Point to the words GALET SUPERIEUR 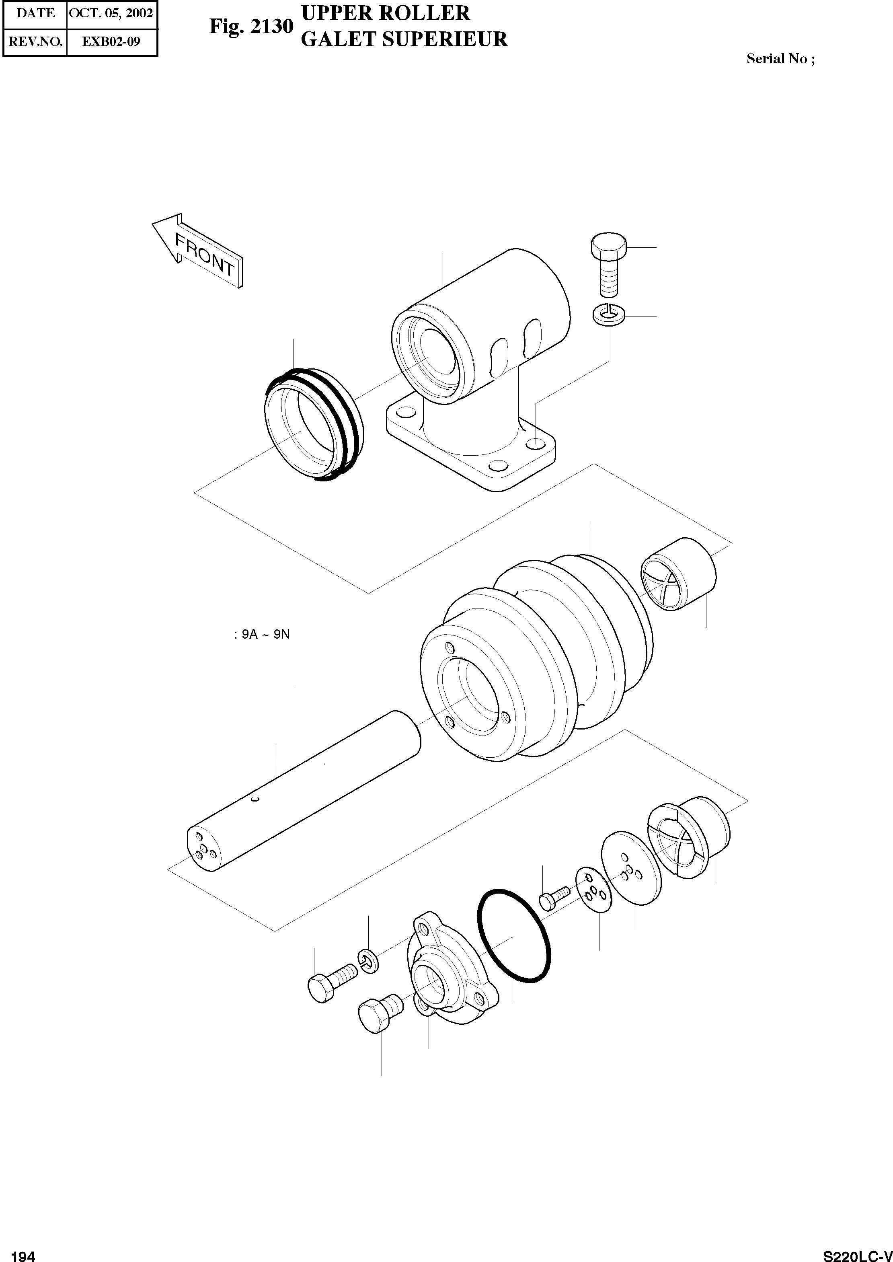(x=404, y=39)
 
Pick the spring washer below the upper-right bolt (x=608, y=315)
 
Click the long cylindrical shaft (x=302, y=792)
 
